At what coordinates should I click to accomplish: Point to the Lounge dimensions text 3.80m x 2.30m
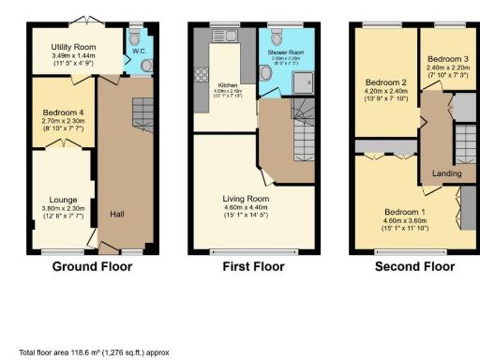pyautogui.click(x=63, y=208)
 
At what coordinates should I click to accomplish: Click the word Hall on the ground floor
pyautogui.click(x=117, y=212)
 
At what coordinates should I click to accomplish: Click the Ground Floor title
pyautogui.click(x=91, y=266)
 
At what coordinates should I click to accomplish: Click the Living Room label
pyautogui.click(x=246, y=199)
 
